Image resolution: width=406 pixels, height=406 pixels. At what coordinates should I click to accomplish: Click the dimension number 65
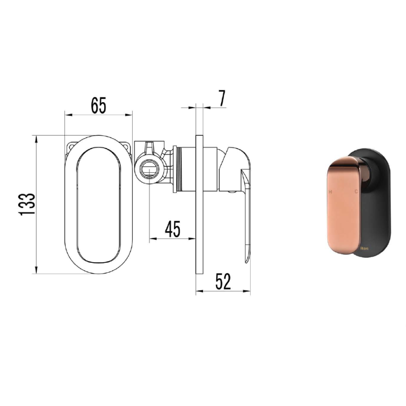(98, 105)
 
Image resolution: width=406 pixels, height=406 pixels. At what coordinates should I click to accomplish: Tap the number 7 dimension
(222, 98)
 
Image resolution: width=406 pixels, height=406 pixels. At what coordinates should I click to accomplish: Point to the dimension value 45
(172, 229)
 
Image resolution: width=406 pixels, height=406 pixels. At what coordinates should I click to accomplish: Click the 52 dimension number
(223, 282)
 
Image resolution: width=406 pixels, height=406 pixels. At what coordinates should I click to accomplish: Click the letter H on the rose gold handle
(330, 192)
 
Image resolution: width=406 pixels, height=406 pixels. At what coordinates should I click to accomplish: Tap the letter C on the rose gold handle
(356, 192)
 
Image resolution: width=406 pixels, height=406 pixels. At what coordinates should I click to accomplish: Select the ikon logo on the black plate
(364, 249)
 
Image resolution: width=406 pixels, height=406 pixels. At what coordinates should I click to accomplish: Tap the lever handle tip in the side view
(247, 258)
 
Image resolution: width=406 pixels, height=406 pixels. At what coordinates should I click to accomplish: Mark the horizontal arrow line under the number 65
(98, 115)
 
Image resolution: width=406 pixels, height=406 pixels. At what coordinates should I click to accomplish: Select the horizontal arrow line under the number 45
(172, 238)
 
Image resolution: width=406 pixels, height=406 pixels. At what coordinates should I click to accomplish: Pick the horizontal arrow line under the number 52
(223, 291)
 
